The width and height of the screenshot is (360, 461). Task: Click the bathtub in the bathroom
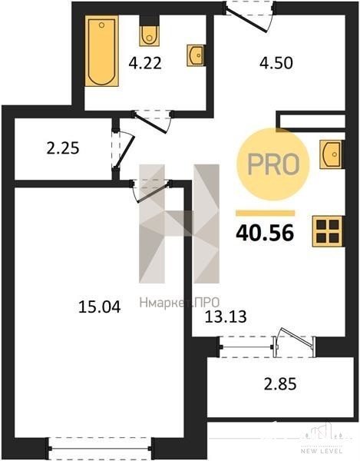point(102,51)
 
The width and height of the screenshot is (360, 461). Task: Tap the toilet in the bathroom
point(150,35)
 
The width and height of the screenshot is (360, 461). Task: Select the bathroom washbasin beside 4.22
point(196,55)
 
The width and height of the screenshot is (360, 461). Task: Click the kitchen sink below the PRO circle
point(332,154)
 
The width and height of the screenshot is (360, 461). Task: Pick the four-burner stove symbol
point(328,231)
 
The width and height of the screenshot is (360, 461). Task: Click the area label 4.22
point(145,63)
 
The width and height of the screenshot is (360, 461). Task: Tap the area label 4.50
point(276,63)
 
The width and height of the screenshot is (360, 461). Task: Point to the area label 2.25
point(63,148)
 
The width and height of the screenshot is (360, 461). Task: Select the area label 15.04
point(100,307)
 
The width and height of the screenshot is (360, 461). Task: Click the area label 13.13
point(226,317)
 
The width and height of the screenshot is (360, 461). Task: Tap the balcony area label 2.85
point(280,384)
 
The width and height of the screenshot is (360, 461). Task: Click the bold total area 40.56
point(265,232)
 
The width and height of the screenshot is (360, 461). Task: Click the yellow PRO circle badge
point(273,164)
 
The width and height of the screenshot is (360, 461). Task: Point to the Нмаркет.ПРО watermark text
point(180,303)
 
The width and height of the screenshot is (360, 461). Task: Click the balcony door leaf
point(296,336)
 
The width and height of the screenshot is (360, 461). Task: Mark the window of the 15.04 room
point(100,449)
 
